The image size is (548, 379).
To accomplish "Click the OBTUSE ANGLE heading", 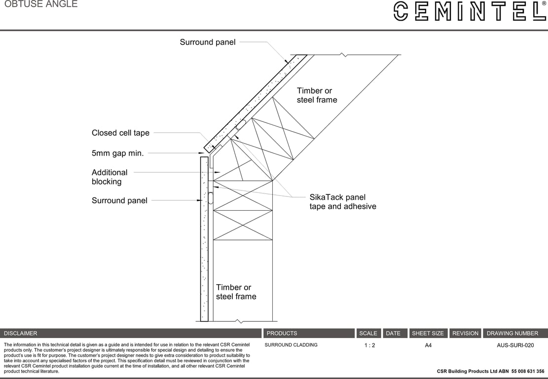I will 41,4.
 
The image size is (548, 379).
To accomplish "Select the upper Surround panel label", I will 207,42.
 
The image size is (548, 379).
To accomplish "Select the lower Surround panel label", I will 119,200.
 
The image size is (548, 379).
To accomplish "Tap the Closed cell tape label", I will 120,133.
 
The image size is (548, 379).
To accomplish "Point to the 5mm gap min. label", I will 117,153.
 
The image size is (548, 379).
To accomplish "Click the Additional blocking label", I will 110,177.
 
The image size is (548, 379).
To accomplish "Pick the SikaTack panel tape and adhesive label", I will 342,202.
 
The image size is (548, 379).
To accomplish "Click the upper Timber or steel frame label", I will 317,95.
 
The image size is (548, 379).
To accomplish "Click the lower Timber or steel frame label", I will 236,292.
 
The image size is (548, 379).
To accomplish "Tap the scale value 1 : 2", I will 369,345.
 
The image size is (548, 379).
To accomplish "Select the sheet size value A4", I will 428,345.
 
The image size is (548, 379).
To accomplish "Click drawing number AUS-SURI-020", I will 515,345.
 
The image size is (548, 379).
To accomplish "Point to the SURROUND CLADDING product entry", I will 291,345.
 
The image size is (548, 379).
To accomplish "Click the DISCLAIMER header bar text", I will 21,333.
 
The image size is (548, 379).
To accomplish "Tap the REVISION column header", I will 465,333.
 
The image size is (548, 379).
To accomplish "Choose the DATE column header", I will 393,333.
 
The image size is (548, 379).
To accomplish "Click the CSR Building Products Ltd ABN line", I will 490,371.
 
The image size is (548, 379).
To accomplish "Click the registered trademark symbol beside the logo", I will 544,3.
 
